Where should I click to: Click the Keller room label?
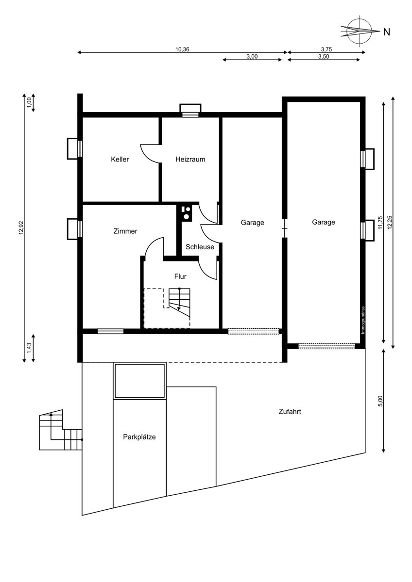click(x=120, y=159)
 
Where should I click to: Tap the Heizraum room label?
click(x=190, y=159)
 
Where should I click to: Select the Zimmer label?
click(x=125, y=231)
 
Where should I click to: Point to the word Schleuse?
click(x=200, y=247)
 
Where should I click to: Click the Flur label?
click(x=180, y=276)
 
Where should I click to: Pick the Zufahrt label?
click(x=290, y=412)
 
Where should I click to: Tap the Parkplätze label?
click(x=139, y=437)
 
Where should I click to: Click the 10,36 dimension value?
click(x=182, y=49)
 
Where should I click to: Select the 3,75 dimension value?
click(x=326, y=49)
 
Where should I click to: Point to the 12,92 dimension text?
click(x=21, y=227)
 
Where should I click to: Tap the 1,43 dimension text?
click(x=29, y=348)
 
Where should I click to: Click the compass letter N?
click(x=387, y=32)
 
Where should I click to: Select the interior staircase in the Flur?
click(x=180, y=302)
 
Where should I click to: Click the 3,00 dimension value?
click(x=252, y=57)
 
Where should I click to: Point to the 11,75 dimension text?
click(x=380, y=223)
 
